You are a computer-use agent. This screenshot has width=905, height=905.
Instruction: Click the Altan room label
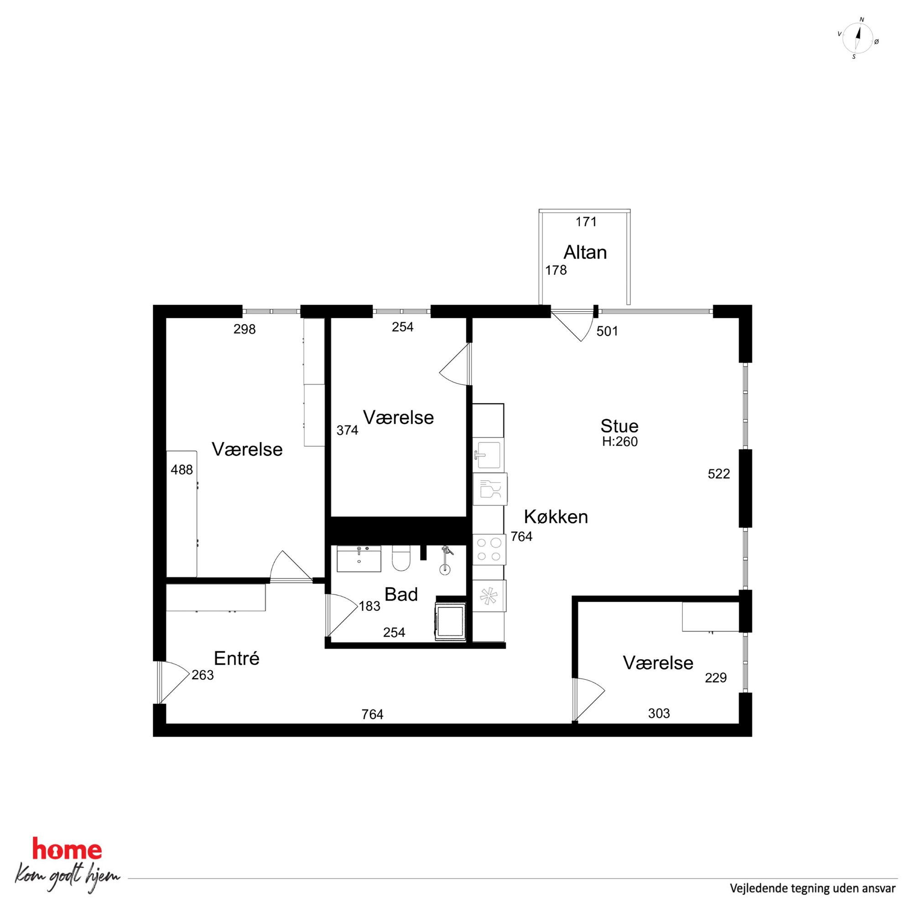[585, 253]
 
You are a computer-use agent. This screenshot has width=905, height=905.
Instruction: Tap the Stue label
[619, 426]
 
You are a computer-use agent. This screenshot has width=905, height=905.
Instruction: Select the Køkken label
[556, 517]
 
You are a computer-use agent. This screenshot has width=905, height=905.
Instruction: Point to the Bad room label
[401, 594]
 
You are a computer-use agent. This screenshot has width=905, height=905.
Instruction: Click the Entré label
[237, 658]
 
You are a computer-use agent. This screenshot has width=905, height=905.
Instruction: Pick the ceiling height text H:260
[620, 442]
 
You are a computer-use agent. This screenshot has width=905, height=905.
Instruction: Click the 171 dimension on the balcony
[586, 222]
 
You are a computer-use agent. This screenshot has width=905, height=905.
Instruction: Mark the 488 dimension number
[182, 469]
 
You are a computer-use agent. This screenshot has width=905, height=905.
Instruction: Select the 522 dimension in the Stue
[718, 474]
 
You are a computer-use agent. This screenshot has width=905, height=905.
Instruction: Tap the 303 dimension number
[659, 713]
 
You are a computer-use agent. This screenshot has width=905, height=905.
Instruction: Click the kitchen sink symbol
[488, 455]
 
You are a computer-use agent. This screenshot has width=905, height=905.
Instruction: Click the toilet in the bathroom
[401, 558]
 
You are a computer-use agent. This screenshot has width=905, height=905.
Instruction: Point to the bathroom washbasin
[359, 559]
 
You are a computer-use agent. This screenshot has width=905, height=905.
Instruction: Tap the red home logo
[67, 850]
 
